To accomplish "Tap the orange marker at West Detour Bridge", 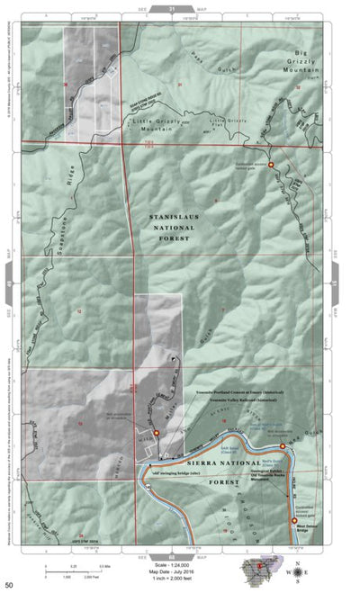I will click(x=294, y=520).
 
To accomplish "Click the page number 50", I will click(x=8, y=585).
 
